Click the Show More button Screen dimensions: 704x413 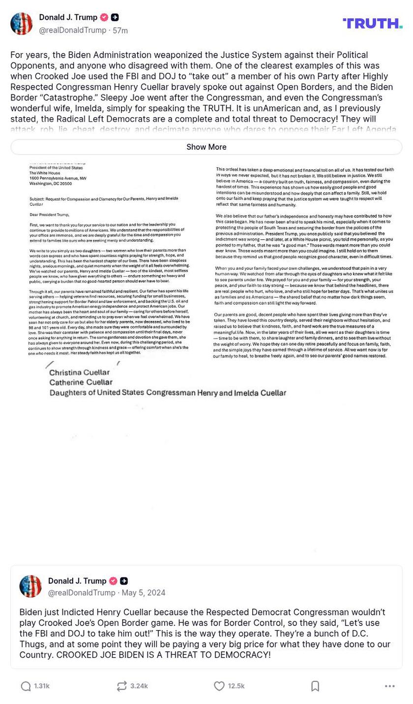point(206,147)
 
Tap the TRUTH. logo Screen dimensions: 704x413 point(372,23)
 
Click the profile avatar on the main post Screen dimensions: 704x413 point(22,24)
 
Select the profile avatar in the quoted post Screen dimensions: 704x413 point(30,586)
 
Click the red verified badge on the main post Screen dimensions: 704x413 point(104,17)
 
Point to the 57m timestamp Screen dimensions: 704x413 point(120,31)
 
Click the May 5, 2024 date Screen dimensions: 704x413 point(144,593)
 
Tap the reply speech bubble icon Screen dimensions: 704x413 point(26,686)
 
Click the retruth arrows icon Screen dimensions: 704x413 point(121,686)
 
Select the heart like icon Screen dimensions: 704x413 point(219,686)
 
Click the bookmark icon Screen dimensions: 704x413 point(315,686)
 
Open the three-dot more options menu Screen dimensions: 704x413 point(390,686)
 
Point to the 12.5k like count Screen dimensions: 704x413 point(236,686)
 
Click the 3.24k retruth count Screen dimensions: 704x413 point(139,686)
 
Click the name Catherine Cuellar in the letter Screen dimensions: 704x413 point(81,382)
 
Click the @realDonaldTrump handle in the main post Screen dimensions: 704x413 point(72,31)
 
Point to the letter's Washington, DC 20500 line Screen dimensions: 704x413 point(51,184)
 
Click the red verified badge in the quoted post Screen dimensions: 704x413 point(113,581)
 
